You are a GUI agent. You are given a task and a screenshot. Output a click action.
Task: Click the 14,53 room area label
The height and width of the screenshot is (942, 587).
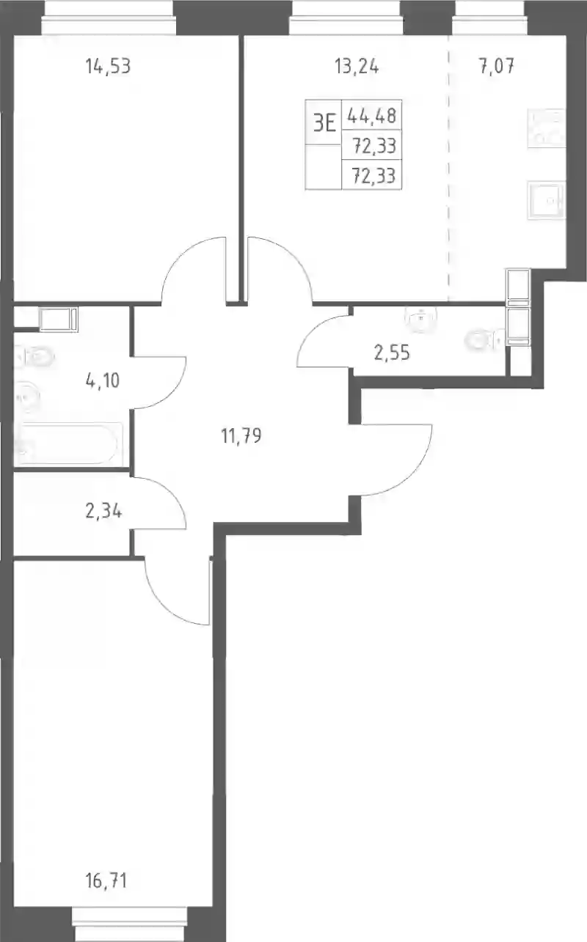pyautogui.click(x=108, y=67)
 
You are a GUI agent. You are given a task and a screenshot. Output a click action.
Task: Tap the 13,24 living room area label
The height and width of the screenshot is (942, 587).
pyautogui.click(x=357, y=67)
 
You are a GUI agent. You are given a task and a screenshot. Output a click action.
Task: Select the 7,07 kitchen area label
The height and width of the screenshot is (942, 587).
pyautogui.click(x=497, y=67)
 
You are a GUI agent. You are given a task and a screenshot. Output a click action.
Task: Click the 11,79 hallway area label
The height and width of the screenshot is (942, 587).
pyautogui.click(x=241, y=435)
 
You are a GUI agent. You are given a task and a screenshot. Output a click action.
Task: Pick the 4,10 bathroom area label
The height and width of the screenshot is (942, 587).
pyautogui.click(x=103, y=381)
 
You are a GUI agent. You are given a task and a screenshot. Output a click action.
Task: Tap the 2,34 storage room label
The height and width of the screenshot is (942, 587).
pyautogui.click(x=103, y=512)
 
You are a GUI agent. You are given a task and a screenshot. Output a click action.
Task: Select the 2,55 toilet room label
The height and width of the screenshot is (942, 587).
pyautogui.click(x=391, y=353)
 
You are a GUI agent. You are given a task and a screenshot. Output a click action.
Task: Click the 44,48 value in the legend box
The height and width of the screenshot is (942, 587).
pyautogui.click(x=372, y=115)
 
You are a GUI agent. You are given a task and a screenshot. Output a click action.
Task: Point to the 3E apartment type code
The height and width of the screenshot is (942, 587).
pyautogui.click(x=324, y=124)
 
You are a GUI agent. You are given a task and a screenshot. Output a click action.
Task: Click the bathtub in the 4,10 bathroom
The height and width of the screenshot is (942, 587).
pyautogui.click(x=68, y=444)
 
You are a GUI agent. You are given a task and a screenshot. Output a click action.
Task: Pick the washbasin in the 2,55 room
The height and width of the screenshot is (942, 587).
pyautogui.click(x=420, y=317)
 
